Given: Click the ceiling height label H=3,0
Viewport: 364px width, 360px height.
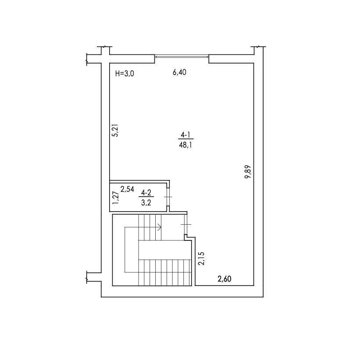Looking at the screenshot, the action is (x=125, y=74).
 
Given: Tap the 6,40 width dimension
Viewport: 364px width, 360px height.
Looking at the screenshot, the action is (x=179, y=72).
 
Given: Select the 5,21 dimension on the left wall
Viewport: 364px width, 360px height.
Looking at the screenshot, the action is (x=115, y=131).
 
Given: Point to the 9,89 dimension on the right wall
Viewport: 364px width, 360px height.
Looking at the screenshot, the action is (x=248, y=172).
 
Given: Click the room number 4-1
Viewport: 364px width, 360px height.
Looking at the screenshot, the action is (x=186, y=135).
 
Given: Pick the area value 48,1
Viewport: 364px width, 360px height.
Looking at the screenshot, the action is (x=186, y=145).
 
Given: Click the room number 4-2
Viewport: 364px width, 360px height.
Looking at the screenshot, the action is (x=146, y=193).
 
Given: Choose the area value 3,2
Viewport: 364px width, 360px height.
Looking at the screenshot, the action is (x=146, y=203).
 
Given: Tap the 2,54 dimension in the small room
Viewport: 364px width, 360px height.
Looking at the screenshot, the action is (x=127, y=189).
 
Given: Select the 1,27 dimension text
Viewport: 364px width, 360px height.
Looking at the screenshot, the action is (x=115, y=198).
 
